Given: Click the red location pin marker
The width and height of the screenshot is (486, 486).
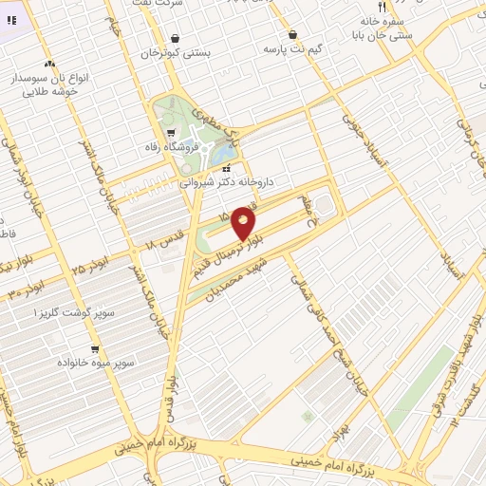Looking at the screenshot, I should click(244, 223).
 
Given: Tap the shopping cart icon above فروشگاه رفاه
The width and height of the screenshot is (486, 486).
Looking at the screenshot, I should click(171, 132).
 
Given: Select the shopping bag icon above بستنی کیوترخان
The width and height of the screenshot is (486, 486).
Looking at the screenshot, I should click(175, 39).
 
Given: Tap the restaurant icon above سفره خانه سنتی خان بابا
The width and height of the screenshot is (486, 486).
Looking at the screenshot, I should click(382, 6).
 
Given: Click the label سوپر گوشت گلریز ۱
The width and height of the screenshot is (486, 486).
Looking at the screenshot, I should click(75, 312).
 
